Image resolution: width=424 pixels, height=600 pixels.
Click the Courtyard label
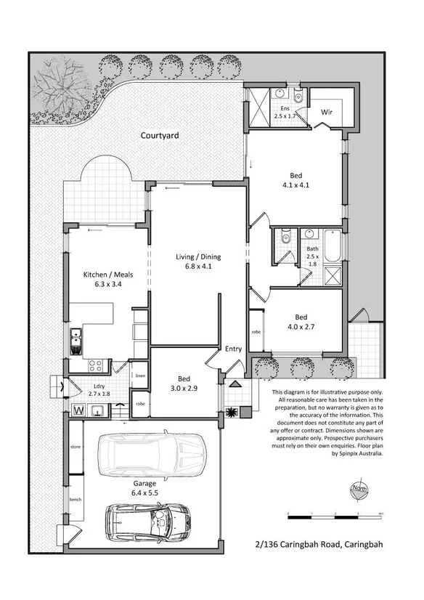160,135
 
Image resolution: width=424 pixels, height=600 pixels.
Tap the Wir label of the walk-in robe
328,113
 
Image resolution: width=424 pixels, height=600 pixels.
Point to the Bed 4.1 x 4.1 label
296,180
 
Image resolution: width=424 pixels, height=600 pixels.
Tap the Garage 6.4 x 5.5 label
145,487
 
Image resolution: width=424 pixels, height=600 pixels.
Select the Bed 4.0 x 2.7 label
301,322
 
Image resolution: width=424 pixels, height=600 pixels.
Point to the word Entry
233,349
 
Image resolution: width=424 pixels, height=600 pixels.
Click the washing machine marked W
78,411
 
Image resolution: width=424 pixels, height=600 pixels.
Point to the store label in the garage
74,445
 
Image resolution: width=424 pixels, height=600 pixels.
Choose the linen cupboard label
140,375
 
